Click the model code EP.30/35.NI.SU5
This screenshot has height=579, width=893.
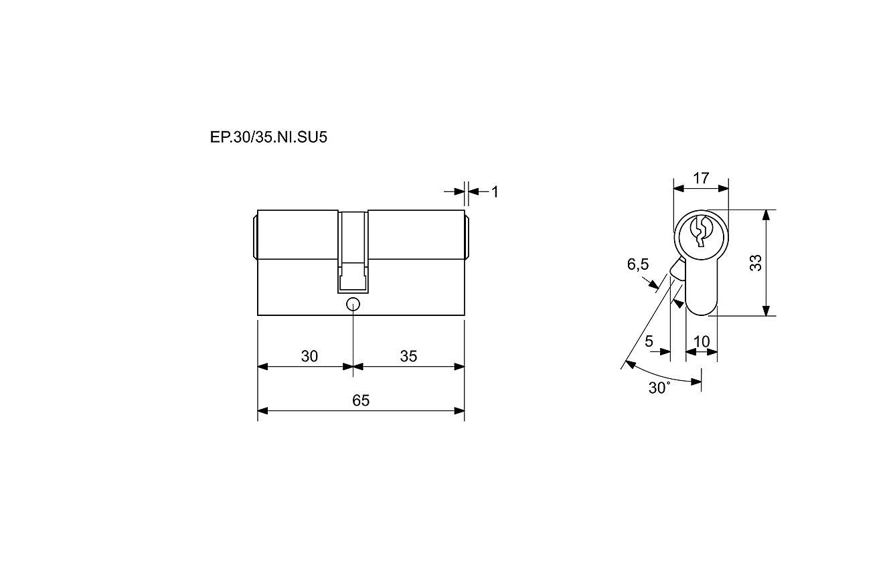pyautogui.click(x=268, y=137)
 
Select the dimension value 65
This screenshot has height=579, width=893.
pyautogui.click(x=361, y=400)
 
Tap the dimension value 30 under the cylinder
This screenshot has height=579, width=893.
pyautogui.click(x=309, y=356)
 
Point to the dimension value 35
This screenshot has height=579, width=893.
pyautogui.click(x=408, y=356)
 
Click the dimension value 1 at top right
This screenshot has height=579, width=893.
pyautogui.click(x=495, y=192)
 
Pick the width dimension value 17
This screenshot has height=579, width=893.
pyautogui.click(x=701, y=178)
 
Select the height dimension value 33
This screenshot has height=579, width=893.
pyautogui.click(x=756, y=263)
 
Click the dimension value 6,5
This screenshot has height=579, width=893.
pyautogui.click(x=638, y=264)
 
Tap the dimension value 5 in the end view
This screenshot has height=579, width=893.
pyautogui.click(x=649, y=341)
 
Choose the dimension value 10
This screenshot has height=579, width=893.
pyautogui.click(x=702, y=341)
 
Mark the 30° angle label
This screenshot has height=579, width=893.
pyautogui.click(x=659, y=388)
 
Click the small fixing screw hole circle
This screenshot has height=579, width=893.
pyautogui.click(x=353, y=305)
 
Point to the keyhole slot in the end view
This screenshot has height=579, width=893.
pyautogui.click(x=700, y=232)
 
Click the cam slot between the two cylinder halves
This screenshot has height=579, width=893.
pyautogui.click(x=353, y=252)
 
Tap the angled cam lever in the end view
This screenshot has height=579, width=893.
pyautogui.click(x=677, y=270)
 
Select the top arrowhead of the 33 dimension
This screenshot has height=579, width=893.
pyautogui.click(x=766, y=216)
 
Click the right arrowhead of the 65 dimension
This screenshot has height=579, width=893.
pyautogui.click(x=459, y=411)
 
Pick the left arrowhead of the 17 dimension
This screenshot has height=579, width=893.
pyautogui.click(x=679, y=188)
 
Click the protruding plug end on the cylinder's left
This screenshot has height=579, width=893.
pyautogui.click(x=255, y=237)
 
